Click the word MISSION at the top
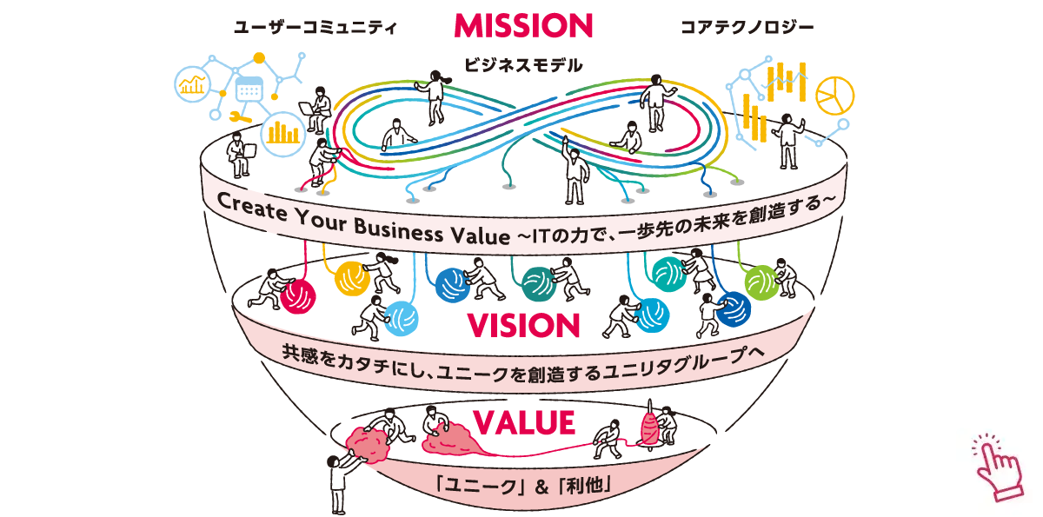523,24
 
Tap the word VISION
523,325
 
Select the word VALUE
524,422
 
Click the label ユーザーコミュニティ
315,27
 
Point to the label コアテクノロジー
747,27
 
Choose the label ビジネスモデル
523,64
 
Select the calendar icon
249,90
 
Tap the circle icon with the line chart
192,84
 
